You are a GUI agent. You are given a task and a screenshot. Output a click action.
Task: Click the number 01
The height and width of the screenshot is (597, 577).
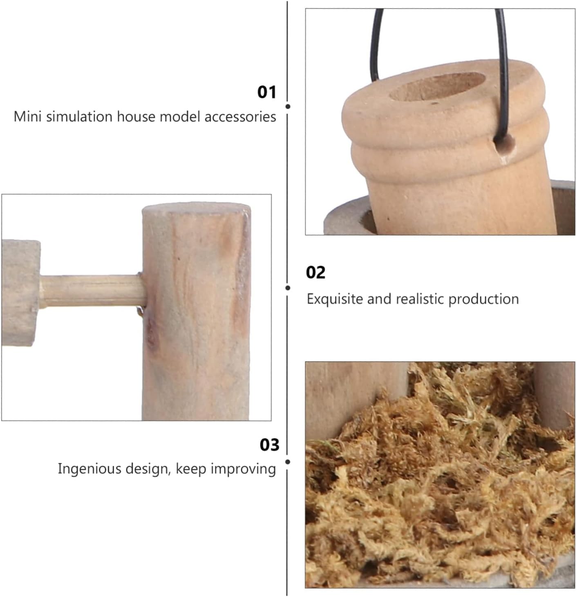(266, 92)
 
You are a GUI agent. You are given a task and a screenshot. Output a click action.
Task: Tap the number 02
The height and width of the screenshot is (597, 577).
(315, 273)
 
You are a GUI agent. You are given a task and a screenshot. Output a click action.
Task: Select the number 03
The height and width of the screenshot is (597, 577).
(269, 445)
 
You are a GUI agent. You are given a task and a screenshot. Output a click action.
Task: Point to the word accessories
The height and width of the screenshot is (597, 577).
(240, 117)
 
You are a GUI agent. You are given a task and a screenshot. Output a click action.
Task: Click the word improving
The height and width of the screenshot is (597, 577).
(243, 469)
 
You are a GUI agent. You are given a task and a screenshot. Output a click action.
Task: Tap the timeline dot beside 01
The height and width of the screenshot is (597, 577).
(288, 106)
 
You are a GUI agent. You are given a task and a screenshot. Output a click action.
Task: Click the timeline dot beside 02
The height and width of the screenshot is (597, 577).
(288, 288)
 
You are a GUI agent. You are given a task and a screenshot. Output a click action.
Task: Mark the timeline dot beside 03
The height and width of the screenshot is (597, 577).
(288, 462)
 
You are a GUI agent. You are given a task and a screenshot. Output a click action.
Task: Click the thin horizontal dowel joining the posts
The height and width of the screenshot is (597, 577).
(92, 291)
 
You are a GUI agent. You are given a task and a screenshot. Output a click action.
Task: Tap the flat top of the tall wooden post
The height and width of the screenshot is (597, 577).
(196, 207)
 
